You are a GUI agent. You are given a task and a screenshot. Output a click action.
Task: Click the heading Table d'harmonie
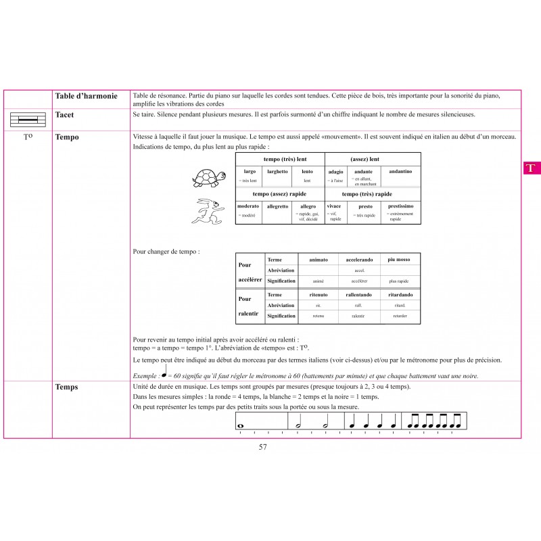pyautogui.click(x=87, y=97)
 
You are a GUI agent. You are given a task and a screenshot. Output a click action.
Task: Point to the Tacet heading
pyautogui.click(x=66, y=115)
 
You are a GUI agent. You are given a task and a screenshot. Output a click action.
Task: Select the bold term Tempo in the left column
pyautogui.click(x=68, y=137)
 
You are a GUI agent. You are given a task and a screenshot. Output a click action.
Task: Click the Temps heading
pyautogui.click(x=67, y=387)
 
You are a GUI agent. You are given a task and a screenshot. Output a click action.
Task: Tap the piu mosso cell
pyautogui.click(x=399, y=259)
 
